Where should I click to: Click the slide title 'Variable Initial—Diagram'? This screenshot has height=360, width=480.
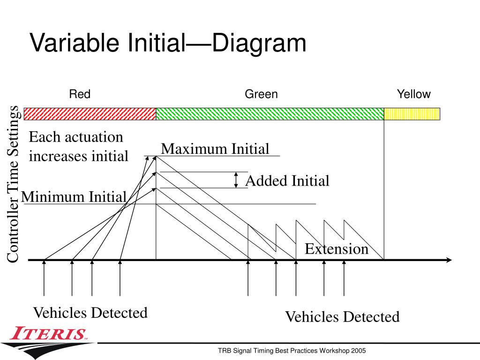click(x=168, y=43)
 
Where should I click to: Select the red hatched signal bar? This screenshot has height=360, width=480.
click(x=90, y=114)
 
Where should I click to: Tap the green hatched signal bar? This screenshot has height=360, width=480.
click(x=270, y=114)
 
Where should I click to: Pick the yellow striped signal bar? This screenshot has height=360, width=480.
click(x=412, y=114)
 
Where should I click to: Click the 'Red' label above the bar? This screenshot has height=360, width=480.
click(x=80, y=94)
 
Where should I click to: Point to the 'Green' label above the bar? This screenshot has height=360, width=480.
click(x=261, y=94)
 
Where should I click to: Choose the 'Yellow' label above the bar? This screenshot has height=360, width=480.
click(x=413, y=94)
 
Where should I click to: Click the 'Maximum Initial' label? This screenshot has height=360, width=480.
click(x=215, y=149)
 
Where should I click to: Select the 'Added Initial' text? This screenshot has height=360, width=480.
click(x=287, y=181)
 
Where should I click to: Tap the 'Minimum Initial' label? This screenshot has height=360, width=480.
click(x=74, y=196)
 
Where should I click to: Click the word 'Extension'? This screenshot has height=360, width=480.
click(x=337, y=249)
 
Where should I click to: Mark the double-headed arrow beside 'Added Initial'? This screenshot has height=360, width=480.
click(x=237, y=180)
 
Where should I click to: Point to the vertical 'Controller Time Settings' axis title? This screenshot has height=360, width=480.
click(x=14, y=184)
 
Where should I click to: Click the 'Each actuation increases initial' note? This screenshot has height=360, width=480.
click(x=78, y=147)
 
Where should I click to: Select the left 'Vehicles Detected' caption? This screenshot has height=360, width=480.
click(x=90, y=313)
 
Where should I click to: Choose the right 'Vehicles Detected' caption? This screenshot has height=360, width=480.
click(x=342, y=317)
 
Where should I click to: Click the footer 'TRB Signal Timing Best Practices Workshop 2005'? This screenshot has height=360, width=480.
click(x=292, y=351)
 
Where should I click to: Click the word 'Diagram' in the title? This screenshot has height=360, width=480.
click(x=259, y=43)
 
